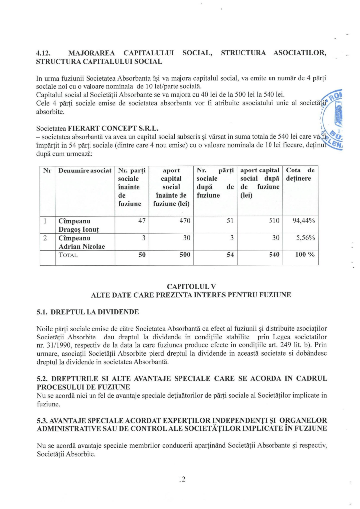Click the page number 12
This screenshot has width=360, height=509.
point(180,478)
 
